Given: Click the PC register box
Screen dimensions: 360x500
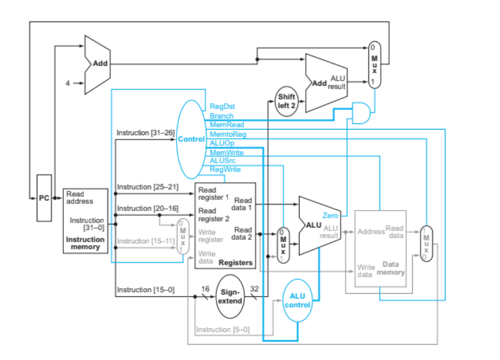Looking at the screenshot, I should [44, 198].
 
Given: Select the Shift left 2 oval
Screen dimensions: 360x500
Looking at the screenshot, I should [287, 101].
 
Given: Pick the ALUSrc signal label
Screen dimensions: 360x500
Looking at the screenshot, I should [222, 161].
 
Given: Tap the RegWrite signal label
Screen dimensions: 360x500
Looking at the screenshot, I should [225, 169].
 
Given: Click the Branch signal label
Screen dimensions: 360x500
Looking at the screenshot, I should [221, 116].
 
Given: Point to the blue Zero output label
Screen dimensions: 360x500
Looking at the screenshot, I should [330, 216].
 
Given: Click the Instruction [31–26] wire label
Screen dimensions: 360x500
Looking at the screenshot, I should [145, 133].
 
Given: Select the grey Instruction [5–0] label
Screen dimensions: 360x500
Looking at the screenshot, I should [223, 330].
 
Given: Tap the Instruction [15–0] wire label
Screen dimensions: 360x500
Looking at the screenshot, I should [145, 290].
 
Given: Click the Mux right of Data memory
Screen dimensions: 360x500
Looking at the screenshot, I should [426, 244].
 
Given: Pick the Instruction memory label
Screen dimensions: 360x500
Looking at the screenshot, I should [85, 243].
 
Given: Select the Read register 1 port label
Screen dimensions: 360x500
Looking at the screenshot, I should [213, 193].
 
